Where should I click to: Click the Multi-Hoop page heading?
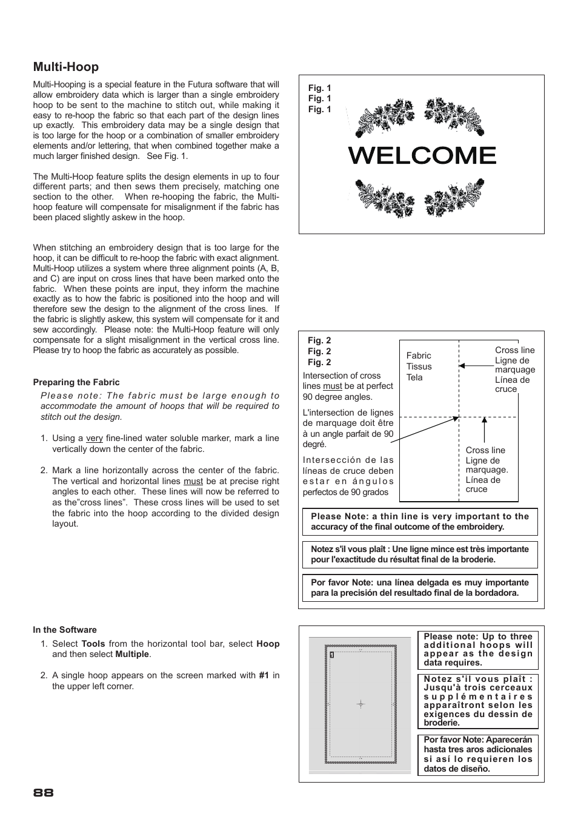coord(65,67)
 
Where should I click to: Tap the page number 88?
coord(44,793)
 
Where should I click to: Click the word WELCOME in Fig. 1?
coord(422,156)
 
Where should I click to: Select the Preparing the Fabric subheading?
coord(76,382)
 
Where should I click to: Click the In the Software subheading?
coord(65,630)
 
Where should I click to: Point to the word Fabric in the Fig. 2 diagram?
coord(419,356)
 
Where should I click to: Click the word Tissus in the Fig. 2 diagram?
coord(419,366)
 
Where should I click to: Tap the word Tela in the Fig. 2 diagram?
coord(414,377)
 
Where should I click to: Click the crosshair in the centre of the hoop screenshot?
coord(360,704)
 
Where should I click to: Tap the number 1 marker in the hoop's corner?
coord(332,655)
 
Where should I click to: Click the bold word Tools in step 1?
coord(93,644)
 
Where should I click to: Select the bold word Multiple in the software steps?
coord(132,654)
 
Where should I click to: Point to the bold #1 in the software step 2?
coord(264,675)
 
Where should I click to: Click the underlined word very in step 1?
coord(95,438)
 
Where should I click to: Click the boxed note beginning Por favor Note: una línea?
coord(420,587)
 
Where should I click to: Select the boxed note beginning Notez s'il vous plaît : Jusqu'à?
coord(478,701)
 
